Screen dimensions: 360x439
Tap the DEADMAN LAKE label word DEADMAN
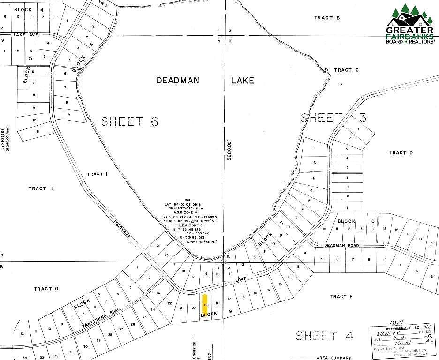pyautogui.click(x=177, y=81)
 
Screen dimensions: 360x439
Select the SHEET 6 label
pyautogui.click(x=129, y=122)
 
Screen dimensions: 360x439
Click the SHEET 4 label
pyautogui.click(x=324, y=336)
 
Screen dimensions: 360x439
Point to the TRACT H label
pyautogui.click(x=41, y=188)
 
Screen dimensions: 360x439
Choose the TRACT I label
pyautogui.click(x=98, y=174)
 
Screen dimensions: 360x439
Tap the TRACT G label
pyautogui.click(x=46, y=289)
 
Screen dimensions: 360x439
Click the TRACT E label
pyautogui.click(x=341, y=297)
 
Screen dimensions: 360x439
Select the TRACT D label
pyautogui.click(x=401, y=153)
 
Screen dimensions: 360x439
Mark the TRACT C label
pyautogui.click(x=346, y=70)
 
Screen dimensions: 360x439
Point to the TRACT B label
pyautogui.click(x=327, y=18)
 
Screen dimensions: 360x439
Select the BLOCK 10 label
pyautogui.click(x=356, y=221)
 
